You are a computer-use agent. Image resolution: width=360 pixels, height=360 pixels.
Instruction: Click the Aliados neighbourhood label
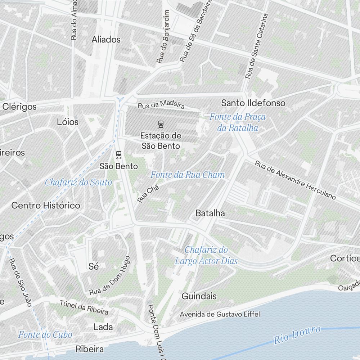pyautogui.click(x=106, y=40)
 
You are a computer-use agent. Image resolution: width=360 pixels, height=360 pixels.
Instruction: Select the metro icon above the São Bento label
pyautogui.click(x=118, y=155)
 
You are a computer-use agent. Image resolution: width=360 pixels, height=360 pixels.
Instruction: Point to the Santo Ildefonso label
pyautogui.click(x=253, y=103)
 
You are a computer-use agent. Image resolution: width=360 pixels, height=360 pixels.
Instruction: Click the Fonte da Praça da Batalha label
pyautogui.click(x=238, y=122)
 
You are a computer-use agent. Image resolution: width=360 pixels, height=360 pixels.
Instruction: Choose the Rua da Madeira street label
pyautogui.click(x=161, y=104)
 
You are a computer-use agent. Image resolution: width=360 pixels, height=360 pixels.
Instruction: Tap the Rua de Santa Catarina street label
pyautogui.click(x=256, y=46)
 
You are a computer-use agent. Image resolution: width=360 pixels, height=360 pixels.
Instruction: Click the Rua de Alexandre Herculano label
pyautogui.click(x=295, y=180)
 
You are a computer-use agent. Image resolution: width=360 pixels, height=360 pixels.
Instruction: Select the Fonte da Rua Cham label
pyautogui.click(x=187, y=175)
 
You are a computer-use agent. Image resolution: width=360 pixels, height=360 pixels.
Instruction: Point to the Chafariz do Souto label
pyautogui.click(x=78, y=183)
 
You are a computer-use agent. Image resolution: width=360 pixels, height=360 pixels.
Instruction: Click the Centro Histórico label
pyautogui.click(x=46, y=206)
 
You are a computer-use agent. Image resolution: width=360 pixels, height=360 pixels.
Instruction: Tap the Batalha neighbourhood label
pyautogui.click(x=210, y=213)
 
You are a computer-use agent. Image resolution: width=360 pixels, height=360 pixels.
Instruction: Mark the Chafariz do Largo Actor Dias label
pyautogui.click(x=206, y=255)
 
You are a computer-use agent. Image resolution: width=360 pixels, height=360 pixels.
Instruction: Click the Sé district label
pyautogui.click(x=93, y=266)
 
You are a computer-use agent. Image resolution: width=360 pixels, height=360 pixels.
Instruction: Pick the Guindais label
pyautogui.click(x=199, y=296)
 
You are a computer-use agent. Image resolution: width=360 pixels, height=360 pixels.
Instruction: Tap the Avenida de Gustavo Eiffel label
pyautogui.click(x=220, y=314)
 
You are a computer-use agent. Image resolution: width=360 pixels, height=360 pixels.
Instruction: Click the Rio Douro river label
pyautogui.click(x=297, y=335)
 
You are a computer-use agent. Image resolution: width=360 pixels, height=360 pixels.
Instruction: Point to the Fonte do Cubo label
pyautogui.click(x=45, y=334)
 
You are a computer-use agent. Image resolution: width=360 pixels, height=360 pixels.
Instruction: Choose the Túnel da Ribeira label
pyautogui.click(x=84, y=307)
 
